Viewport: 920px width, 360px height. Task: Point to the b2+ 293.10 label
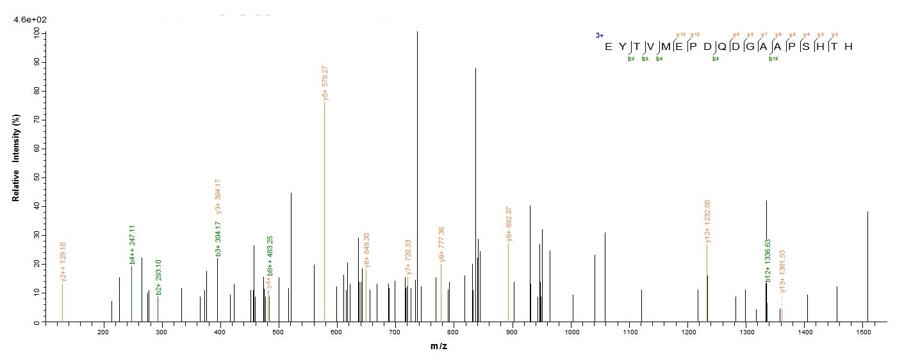159,277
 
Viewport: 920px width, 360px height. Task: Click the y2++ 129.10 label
63,263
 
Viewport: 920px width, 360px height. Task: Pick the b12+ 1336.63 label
768,260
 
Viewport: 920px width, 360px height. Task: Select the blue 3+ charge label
599,36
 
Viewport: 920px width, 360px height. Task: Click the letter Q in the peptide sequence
703,47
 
